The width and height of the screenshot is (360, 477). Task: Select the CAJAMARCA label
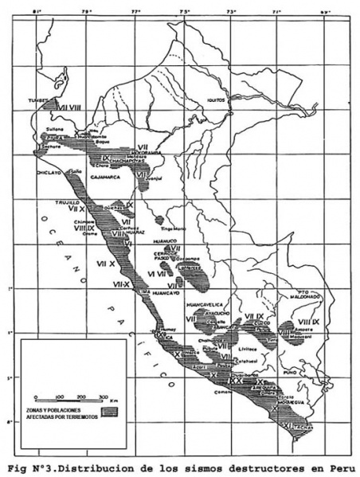pos(105,177)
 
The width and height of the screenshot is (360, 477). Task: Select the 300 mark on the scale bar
pos(104,397)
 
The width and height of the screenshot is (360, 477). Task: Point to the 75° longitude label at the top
pos(185,12)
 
